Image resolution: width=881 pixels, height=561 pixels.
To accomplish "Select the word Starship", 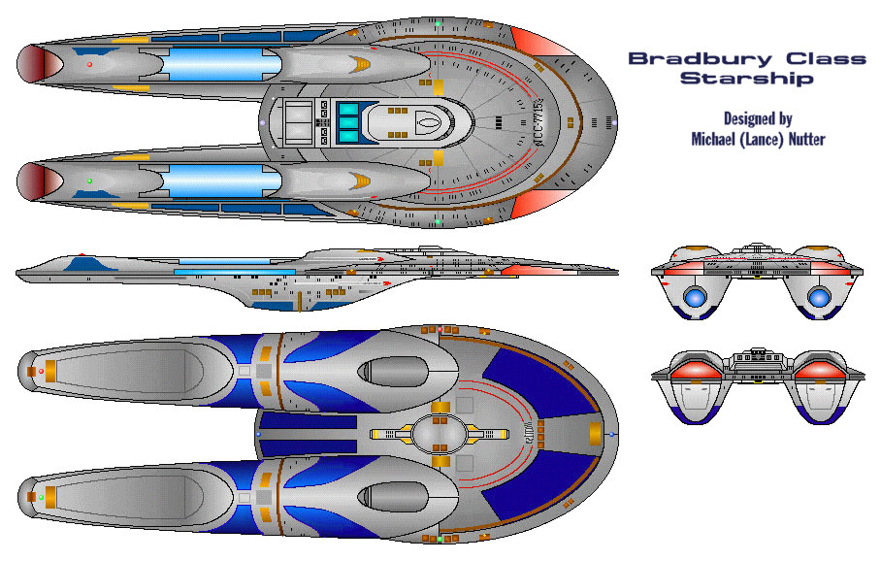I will tap(746, 79).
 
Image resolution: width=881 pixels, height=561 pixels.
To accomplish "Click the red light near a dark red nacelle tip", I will tap(89, 64).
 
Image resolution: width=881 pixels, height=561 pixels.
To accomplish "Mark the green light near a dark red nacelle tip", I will tap(89, 181).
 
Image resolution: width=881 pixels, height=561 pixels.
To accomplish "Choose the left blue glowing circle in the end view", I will tap(696, 298).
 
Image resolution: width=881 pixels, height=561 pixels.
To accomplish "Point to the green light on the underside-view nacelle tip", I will tap(41, 497).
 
